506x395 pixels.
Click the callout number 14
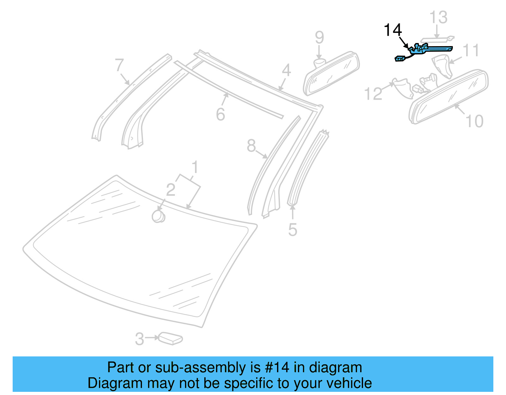(392, 30)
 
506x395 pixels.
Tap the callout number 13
(438, 17)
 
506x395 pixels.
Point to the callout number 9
(319, 38)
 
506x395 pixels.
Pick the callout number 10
(474, 121)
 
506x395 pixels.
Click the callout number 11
(471, 51)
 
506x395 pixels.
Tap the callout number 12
(373, 94)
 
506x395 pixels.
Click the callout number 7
(119, 65)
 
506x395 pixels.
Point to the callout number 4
(286, 70)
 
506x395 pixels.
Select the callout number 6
(220, 114)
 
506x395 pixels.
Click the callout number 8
(251, 146)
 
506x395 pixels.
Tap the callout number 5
(293, 230)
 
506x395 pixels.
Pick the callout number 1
(195, 167)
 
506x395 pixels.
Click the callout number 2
(170, 190)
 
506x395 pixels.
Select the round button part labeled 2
(158, 217)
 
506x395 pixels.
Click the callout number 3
(139, 339)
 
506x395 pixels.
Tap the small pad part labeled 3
(170, 338)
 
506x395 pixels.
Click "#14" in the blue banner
(277, 367)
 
